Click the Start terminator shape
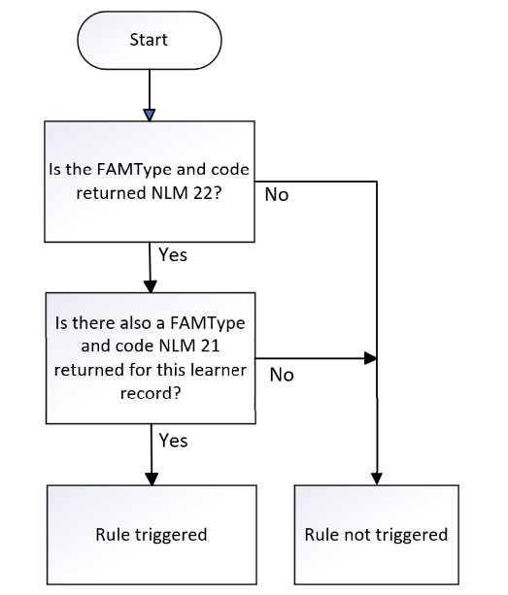(150, 40)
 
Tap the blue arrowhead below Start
(150, 115)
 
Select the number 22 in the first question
(200, 193)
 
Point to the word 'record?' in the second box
(151, 393)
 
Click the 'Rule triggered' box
(152, 534)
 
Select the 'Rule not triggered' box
(377, 534)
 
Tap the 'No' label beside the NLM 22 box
(277, 195)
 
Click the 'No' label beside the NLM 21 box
(282, 375)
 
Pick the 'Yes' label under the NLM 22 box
(173, 254)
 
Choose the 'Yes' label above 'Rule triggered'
(173, 441)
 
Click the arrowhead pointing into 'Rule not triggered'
(377, 479)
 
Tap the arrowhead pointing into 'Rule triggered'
(152, 479)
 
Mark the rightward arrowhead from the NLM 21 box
(370, 358)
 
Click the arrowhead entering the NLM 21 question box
(151, 287)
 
